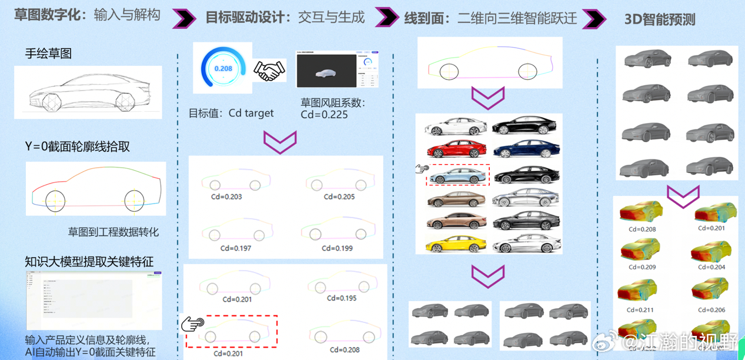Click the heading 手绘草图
pyautogui.click(x=48, y=54)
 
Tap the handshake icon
pyautogui.click(x=269, y=71)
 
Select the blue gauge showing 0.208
pyautogui.click(x=223, y=68)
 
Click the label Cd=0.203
pyautogui.click(x=226, y=196)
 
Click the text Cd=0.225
pyautogui.click(x=324, y=115)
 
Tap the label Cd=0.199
pyautogui.click(x=338, y=248)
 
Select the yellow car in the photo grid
pyautogui.click(x=457, y=243)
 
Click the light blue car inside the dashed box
pyautogui.click(x=457, y=175)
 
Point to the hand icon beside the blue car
pyautogui.click(x=422, y=169)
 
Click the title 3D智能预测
pyautogui.click(x=660, y=19)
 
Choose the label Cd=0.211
pyautogui.click(x=640, y=309)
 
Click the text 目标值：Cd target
pyautogui.click(x=230, y=113)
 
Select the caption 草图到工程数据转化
pyautogui.click(x=113, y=232)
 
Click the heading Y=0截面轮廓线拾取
pyautogui.click(x=77, y=146)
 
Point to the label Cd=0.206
pyautogui.click(x=710, y=309)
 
